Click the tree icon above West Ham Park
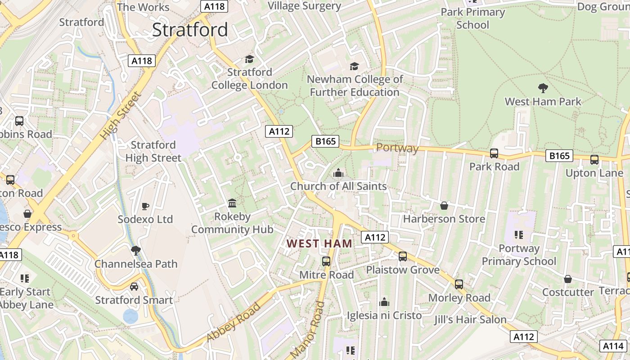click(x=543, y=88)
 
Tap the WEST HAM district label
click(x=319, y=243)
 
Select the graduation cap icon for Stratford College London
click(x=249, y=59)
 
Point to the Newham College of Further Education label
click(x=355, y=86)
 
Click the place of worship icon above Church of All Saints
click(x=338, y=173)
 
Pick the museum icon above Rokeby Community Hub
click(x=232, y=203)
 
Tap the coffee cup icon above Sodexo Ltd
click(x=145, y=206)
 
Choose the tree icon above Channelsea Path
click(x=136, y=250)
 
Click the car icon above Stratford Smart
click(x=134, y=287)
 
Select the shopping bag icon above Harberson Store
click(x=444, y=206)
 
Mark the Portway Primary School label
click(x=519, y=255)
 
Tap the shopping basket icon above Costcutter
click(x=568, y=279)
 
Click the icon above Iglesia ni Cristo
click(x=384, y=301)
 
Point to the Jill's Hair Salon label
click(x=470, y=319)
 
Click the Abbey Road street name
click(x=234, y=323)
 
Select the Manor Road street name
click(x=308, y=330)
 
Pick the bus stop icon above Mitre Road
click(x=326, y=261)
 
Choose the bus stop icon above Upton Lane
click(x=594, y=160)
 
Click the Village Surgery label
click(x=305, y=6)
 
